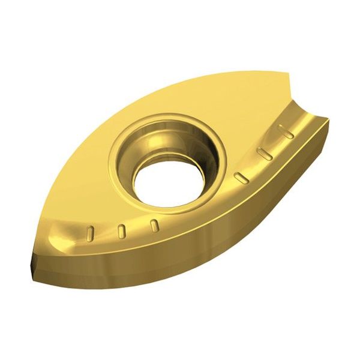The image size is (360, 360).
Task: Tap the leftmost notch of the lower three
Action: pyautogui.click(x=92, y=231)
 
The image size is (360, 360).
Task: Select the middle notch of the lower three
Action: pyautogui.click(x=122, y=230)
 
